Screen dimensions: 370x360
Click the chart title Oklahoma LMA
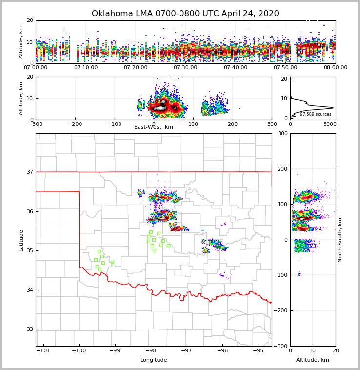coord(185,14)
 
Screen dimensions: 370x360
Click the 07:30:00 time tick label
coord(185,68)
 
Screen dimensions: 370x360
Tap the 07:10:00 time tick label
coord(85,68)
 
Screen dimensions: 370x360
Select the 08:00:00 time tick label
coord(336,68)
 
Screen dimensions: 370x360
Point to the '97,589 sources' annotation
coord(316,114)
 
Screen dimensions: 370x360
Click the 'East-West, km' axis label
coord(154,127)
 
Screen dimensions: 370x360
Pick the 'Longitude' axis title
coord(154,360)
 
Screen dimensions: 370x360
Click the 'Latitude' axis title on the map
coord(21,240)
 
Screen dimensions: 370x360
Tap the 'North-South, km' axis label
coord(340,240)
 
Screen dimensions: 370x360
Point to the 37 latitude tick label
coord(30,172)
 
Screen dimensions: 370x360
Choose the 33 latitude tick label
coord(30,329)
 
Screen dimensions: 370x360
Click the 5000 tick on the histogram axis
coord(329,124)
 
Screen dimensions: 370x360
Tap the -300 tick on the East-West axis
coord(36,124)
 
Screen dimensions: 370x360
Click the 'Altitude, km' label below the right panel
coord(313,360)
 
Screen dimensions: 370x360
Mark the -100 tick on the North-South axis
coord(280,275)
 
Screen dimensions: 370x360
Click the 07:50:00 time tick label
coord(285,68)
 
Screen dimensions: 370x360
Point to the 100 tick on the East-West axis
coord(193,124)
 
